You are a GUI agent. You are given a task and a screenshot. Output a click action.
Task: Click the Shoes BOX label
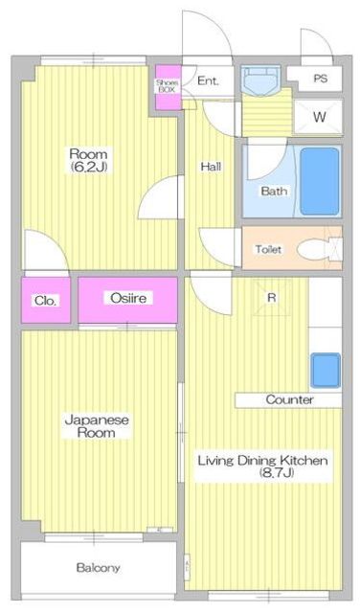[x=168, y=86]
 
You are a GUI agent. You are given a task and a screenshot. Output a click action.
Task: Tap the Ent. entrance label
[x=208, y=80]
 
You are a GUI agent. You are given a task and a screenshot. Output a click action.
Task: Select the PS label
[x=320, y=79]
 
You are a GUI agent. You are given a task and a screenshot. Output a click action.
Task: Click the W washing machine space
[x=319, y=117]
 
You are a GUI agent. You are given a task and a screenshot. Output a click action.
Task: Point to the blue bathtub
[x=320, y=181]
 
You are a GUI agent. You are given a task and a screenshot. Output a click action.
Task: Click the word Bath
[x=274, y=192]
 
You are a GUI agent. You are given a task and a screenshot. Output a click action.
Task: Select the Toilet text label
[x=268, y=249]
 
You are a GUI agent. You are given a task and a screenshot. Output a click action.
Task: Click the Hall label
[x=211, y=167]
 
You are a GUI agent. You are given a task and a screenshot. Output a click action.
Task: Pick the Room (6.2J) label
[x=89, y=160]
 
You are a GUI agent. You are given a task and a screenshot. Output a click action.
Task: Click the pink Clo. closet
[x=46, y=300]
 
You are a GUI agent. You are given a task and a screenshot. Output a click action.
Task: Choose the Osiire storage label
[x=128, y=298]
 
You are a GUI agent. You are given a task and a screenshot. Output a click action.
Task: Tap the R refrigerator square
[x=272, y=298]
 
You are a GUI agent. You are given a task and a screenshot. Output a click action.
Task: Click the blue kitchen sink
[x=326, y=370]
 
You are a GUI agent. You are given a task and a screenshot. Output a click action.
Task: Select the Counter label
[x=290, y=400]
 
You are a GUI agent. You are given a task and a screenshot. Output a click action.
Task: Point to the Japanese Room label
[x=97, y=426]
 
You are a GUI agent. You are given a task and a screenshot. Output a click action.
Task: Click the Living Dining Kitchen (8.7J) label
[x=262, y=466]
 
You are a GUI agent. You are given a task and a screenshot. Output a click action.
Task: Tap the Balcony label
[x=98, y=568]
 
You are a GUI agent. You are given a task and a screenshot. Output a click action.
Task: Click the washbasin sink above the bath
[x=260, y=80]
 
